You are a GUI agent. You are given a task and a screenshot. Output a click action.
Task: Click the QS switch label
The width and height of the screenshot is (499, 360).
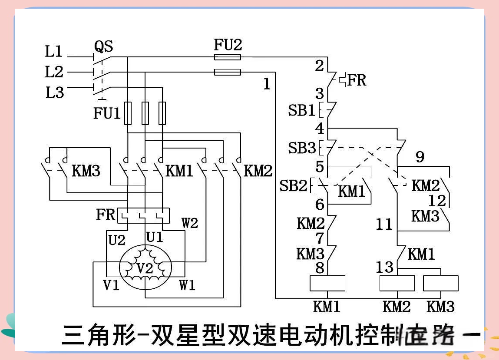click(104, 46)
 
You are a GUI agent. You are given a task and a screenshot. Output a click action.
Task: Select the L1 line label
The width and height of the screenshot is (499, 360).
click(54, 52)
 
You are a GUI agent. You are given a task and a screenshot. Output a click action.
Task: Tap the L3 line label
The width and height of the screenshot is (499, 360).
click(54, 92)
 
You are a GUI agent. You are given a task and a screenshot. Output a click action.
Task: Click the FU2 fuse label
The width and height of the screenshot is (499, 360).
click(228, 44)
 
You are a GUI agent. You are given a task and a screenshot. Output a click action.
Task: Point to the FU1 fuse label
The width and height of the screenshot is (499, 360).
click(107, 114)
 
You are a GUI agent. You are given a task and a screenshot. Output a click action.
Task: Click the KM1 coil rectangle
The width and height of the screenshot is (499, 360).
click(327, 283)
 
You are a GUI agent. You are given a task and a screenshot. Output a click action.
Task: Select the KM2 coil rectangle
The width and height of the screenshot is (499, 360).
click(397, 283)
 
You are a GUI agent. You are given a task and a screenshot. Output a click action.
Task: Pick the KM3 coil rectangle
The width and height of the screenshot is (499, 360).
click(440, 283)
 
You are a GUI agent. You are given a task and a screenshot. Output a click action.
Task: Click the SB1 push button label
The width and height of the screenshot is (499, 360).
click(301, 111)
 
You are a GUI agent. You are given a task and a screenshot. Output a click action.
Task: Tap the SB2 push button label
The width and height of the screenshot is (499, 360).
click(293, 186)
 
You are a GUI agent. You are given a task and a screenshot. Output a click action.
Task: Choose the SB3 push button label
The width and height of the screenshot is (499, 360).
click(301, 149)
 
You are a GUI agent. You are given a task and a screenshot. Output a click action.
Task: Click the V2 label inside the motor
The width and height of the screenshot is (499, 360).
click(145, 269)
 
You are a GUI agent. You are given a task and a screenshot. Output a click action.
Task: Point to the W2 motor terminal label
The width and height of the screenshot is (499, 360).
click(190, 224)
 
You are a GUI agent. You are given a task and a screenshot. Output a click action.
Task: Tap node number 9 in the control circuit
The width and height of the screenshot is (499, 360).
click(420, 157)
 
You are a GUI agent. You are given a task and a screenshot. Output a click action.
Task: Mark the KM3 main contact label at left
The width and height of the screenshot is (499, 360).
click(86, 171)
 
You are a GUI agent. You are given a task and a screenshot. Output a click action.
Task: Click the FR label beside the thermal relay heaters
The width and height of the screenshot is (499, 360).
click(106, 215)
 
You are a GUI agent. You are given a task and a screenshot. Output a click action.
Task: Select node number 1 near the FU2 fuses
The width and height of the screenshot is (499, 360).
click(267, 84)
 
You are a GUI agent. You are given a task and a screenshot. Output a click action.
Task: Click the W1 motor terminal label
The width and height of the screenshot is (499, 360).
click(187, 285)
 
